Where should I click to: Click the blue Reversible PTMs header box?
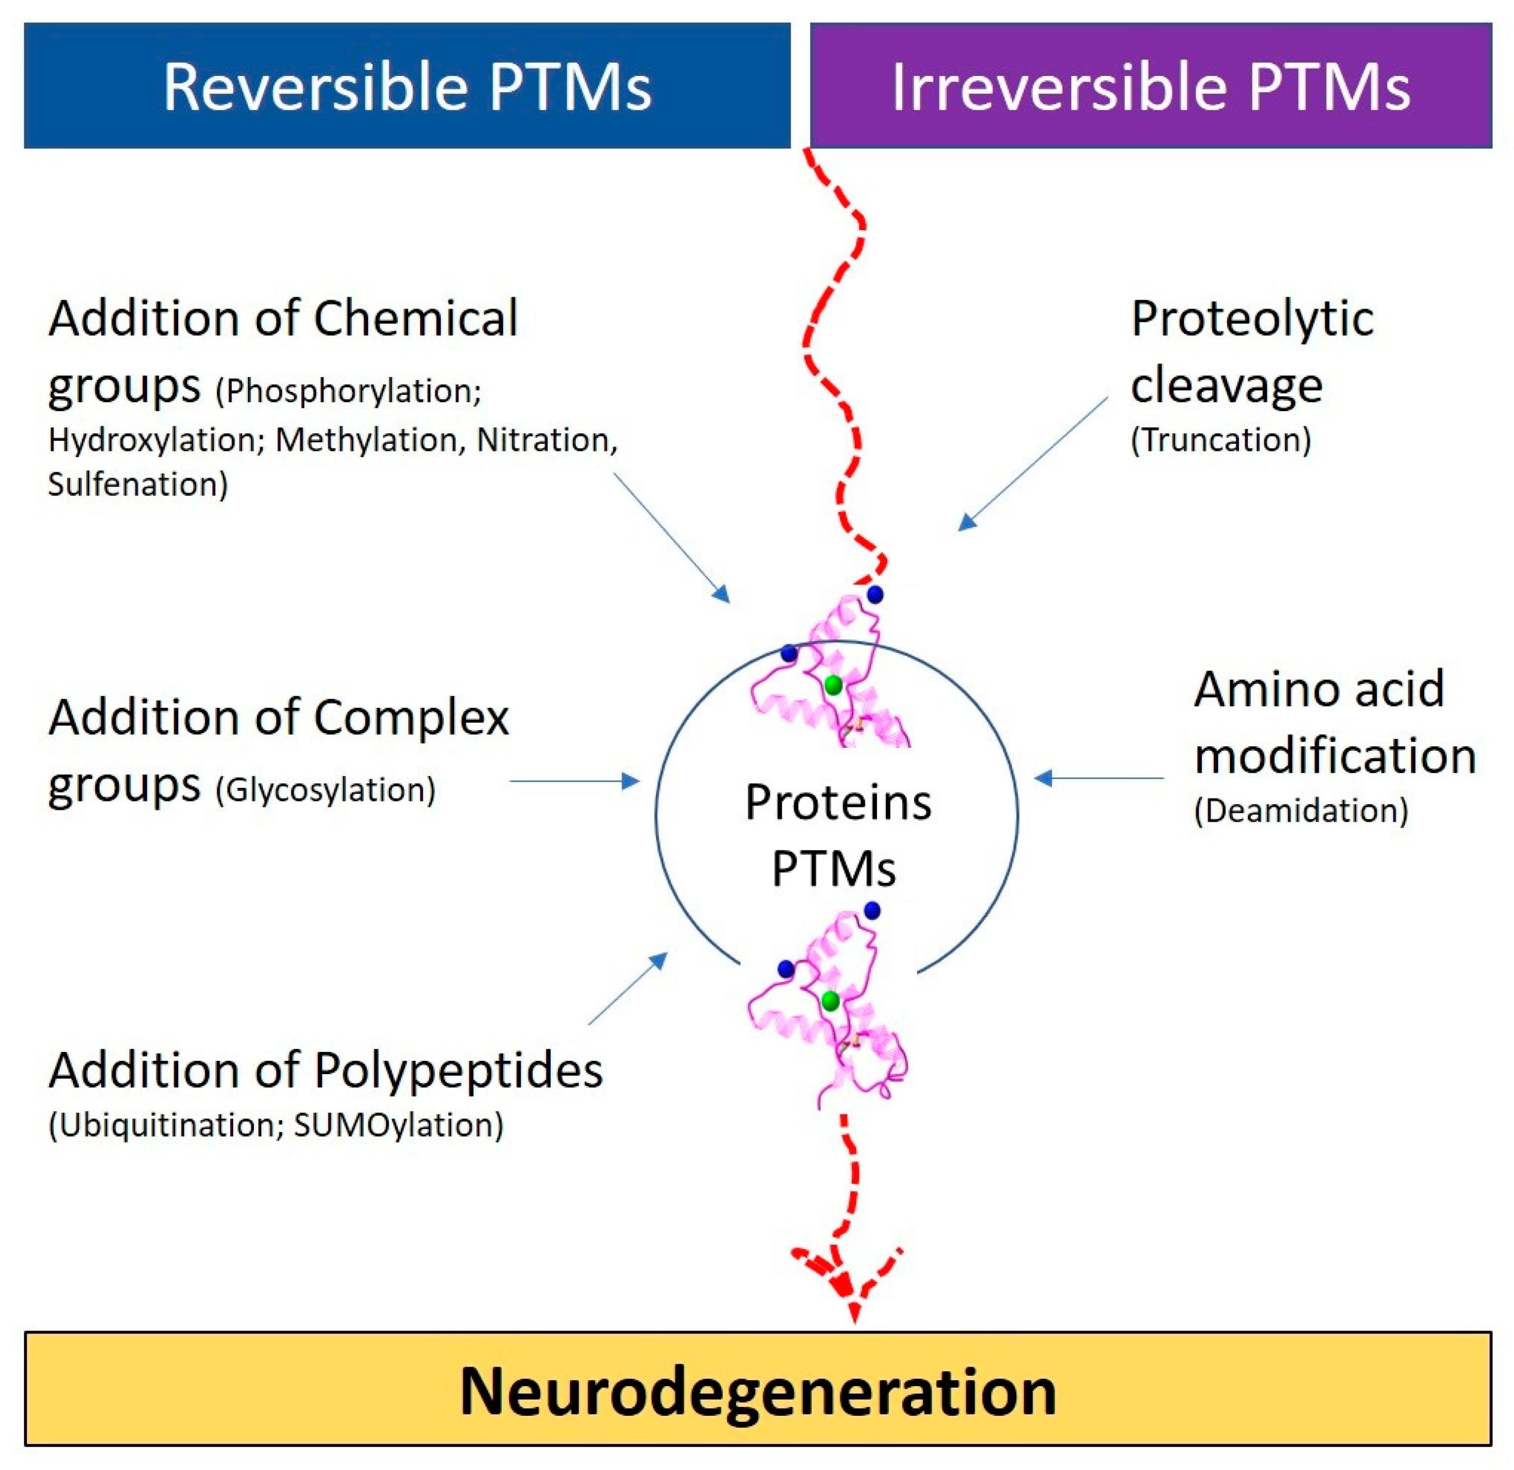point(407,86)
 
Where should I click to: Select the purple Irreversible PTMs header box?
point(1150,86)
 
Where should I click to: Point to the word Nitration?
point(545,440)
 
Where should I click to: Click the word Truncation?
point(1221,440)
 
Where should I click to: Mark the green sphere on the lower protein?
point(830,1002)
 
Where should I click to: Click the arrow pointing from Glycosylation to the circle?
point(575,781)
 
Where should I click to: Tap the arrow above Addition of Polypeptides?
point(627,989)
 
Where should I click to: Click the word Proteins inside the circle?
point(838,803)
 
